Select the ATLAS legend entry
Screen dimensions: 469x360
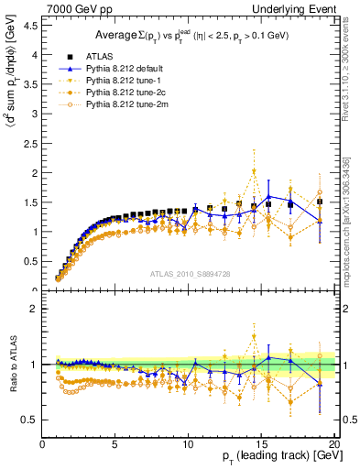tap(99, 56)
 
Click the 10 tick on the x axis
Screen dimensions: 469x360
tap(188, 444)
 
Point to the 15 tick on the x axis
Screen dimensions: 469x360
tap(261, 444)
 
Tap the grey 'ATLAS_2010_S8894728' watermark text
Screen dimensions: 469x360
tap(189, 274)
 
